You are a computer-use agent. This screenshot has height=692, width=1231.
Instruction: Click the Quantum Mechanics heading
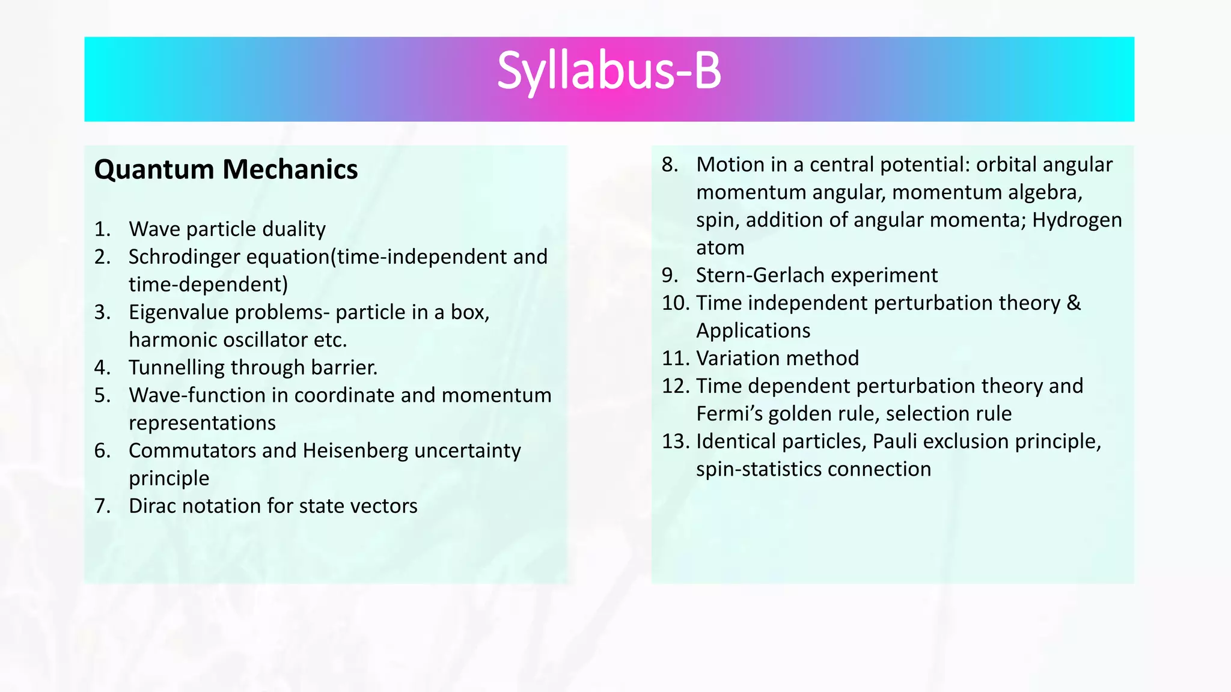click(226, 169)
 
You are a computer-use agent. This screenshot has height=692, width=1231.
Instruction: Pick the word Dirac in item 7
click(152, 506)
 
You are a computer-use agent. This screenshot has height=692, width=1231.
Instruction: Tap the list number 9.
click(669, 275)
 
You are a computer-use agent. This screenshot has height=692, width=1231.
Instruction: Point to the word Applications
click(753, 330)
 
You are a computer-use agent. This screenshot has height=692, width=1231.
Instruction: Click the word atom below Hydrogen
click(720, 247)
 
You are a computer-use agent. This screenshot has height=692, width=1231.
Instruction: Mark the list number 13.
click(675, 442)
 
